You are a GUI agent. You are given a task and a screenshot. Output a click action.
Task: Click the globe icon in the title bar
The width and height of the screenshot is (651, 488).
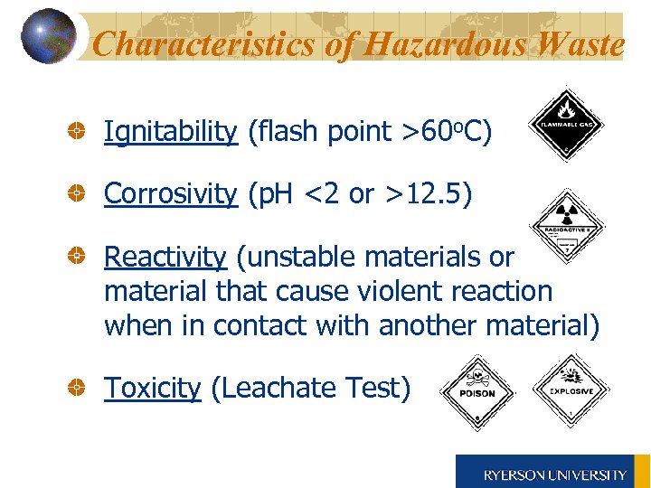(x=47, y=36)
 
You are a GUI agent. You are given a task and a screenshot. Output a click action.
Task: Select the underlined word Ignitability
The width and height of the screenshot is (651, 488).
(x=170, y=133)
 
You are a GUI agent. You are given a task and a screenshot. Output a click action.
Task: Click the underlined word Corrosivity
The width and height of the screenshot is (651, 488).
(x=170, y=194)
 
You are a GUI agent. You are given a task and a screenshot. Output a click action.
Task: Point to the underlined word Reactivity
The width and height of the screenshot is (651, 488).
(x=165, y=258)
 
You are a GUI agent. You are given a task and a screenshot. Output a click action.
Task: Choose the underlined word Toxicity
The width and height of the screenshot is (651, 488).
(x=152, y=389)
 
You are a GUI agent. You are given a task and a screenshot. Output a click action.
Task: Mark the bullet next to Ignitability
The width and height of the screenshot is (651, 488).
(x=80, y=133)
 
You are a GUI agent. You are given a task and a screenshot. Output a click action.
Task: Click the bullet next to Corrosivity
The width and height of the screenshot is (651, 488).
(x=80, y=194)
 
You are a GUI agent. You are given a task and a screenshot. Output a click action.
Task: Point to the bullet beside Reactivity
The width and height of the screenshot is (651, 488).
(x=80, y=258)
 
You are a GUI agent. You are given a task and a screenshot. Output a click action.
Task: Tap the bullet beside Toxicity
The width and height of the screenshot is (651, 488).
(x=80, y=389)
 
